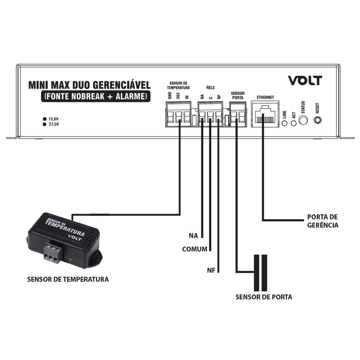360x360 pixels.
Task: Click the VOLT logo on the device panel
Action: pos(305,80)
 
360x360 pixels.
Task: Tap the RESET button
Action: pos(318,120)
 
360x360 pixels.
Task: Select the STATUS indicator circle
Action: pos(303,120)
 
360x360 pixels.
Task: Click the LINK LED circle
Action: pos(284,123)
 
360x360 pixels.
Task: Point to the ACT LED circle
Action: pos(294,123)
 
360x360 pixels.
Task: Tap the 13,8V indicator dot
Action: pos(45,119)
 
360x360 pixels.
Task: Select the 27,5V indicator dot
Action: pos(45,125)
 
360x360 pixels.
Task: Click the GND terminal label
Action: pos(170,95)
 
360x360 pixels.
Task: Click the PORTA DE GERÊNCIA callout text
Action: pos(323,221)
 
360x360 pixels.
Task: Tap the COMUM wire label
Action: pos(195,249)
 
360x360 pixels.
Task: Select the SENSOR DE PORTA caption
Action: pos(264,297)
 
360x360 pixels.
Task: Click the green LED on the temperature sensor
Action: pos(71,260)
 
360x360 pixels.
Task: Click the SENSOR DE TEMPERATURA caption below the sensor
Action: pos(68,279)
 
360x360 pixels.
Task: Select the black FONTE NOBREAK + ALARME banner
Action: pos(96,96)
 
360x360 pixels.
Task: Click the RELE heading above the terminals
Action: pos(211,87)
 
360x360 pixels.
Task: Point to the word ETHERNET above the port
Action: pos(265,97)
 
